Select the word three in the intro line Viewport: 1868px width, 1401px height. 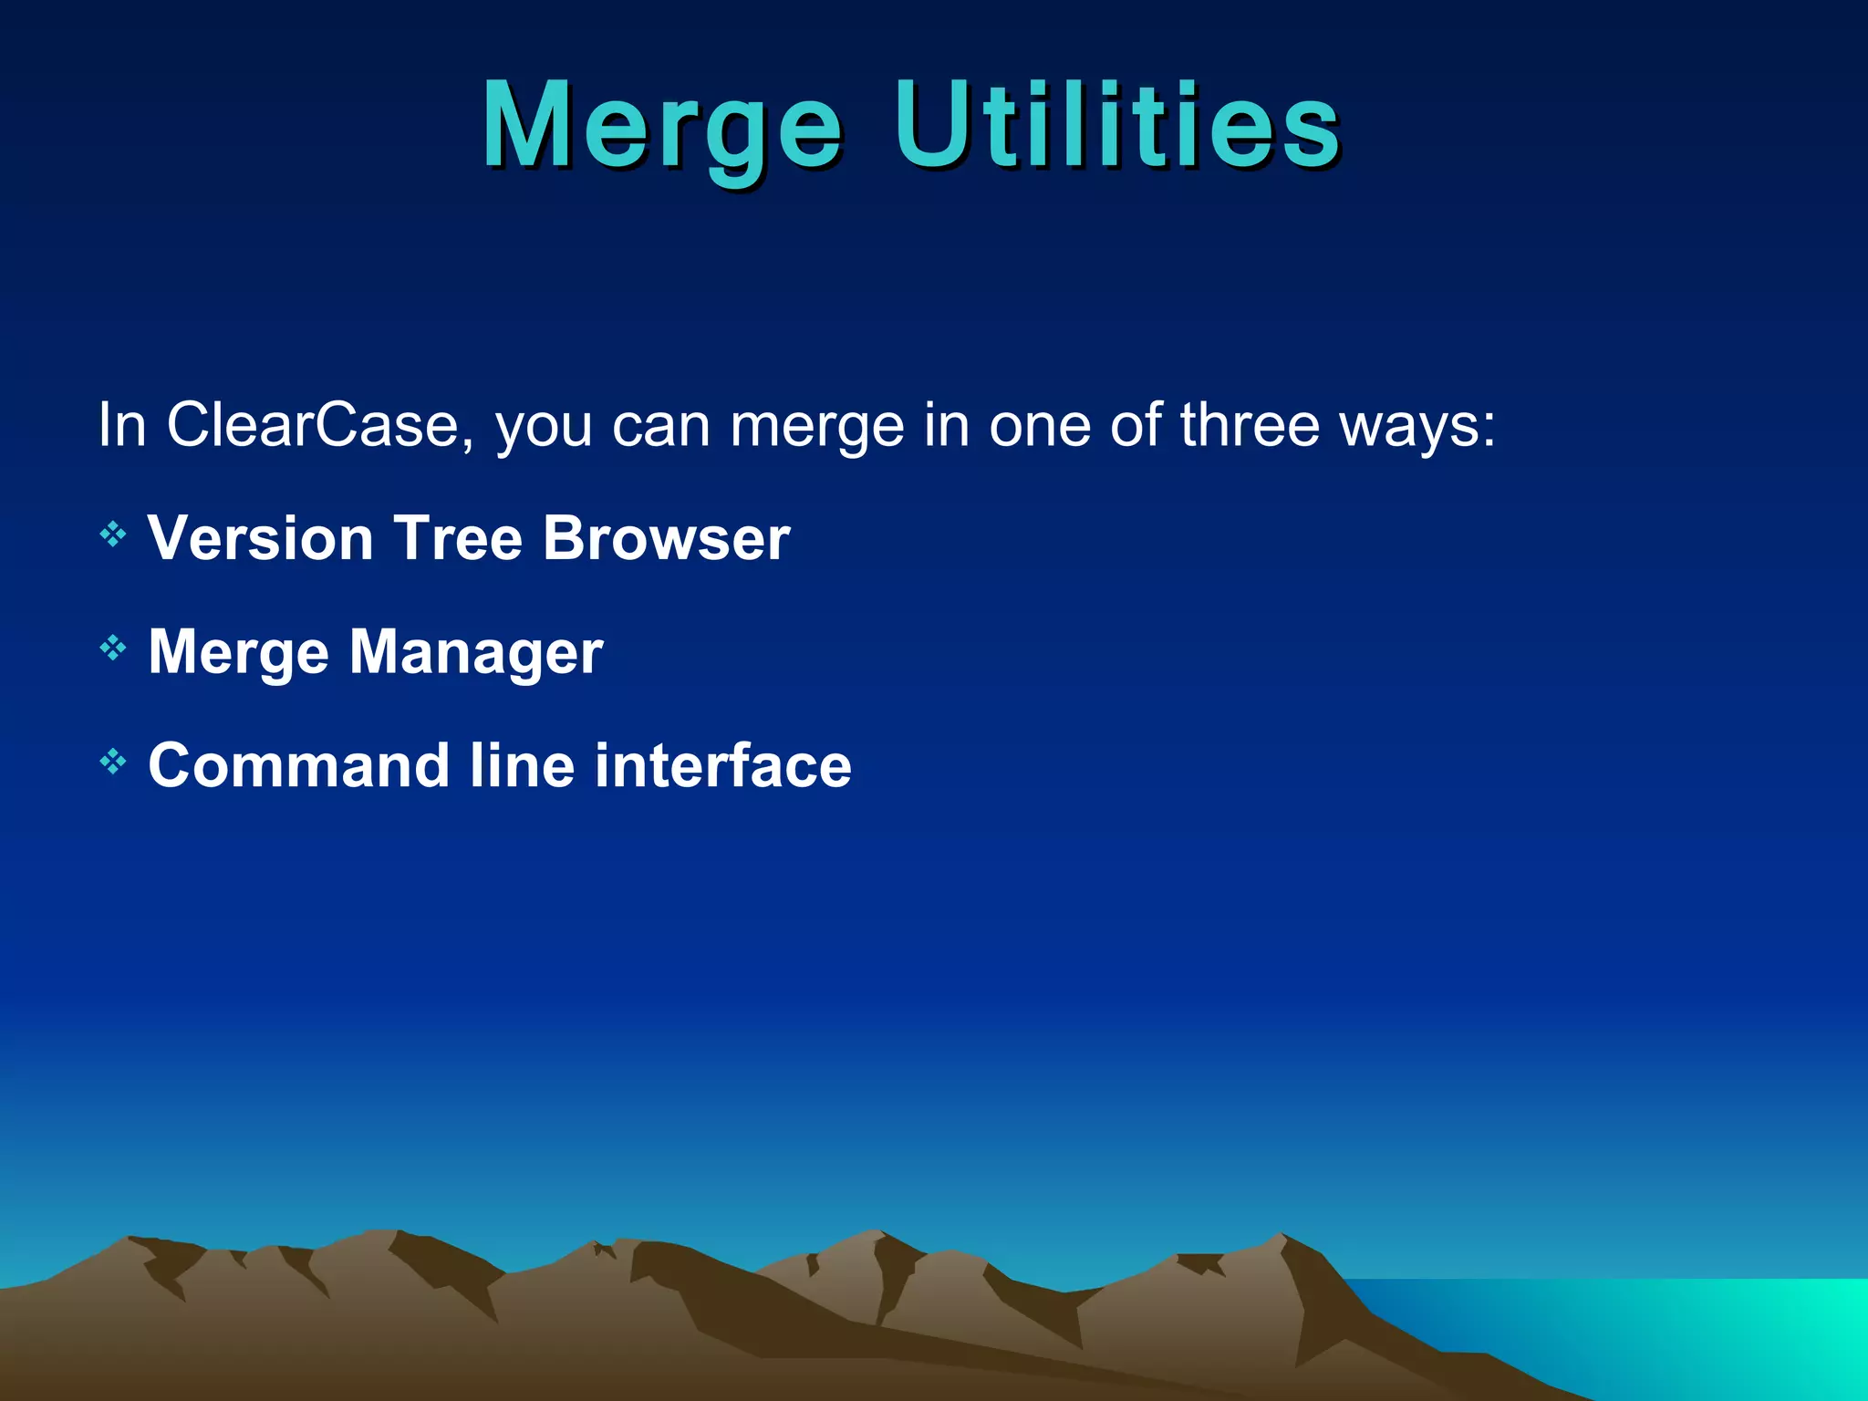[1250, 425]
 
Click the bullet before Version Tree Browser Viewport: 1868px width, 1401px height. [112, 534]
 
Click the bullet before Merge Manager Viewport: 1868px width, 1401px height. [112, 649]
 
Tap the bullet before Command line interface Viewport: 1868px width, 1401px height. [112, 762]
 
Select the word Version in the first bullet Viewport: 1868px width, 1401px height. [261, 538]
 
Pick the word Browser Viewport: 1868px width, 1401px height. [666, 538]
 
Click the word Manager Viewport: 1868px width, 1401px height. [476, 653]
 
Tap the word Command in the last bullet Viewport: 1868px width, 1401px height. [299, 765]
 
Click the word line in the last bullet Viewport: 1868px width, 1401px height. [522, 765]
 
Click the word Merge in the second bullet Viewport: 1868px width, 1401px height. [238, 653]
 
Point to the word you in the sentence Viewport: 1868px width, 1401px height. [544, 427]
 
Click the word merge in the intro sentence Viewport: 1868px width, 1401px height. [816, 427]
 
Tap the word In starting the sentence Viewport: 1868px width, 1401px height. [122, 425]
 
